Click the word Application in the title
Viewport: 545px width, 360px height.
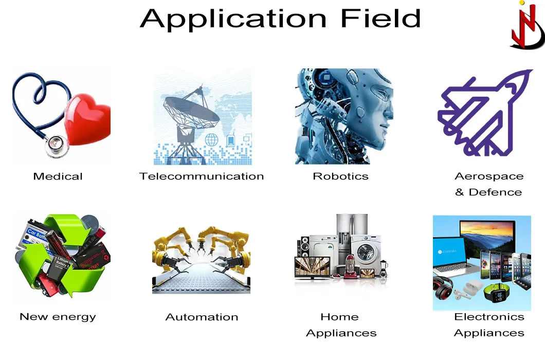pyautogui.click(x=232, y=19)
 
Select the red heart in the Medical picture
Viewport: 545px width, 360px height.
pyautogui.click(x=89, y=119)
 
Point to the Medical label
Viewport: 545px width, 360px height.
pyautogui.click(x=58, y=176)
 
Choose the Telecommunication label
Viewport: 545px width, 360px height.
pyautogui.click(x=202, y=176)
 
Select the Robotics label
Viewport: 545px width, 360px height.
pyautogui.click(x=340, y=176)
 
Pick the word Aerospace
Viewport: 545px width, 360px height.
pyautogui.click(x=489, y=176)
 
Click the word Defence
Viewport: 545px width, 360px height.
pyautogui.click(x=495, y=192)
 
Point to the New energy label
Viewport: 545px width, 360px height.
pyautogui.click(x=58, y=317)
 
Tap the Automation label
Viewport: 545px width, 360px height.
pyautogui.click(x=202, y=317)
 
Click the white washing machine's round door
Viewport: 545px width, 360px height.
pyautogui.click(x=367, y=256)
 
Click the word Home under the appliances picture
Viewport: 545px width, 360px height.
pyautogui.click(x=339, y=317)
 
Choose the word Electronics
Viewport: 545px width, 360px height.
pyautogui.click(x=489, y=317)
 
